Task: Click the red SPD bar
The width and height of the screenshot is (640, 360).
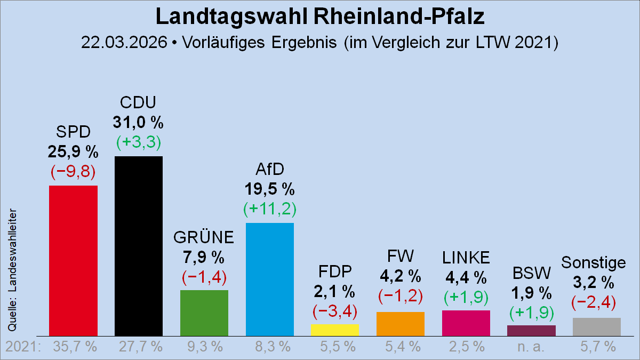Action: [73, 260]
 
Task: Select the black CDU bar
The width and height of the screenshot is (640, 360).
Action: [139, 245]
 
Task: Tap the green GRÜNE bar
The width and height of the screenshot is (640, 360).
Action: [204, 313]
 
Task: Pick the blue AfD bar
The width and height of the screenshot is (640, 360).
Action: [270, 279]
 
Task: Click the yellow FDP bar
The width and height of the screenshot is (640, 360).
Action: [335, 330]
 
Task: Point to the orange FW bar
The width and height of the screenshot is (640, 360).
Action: [401, 324]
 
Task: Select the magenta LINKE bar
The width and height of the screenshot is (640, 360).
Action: [466, 323]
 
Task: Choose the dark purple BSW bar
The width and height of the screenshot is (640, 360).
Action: [531, 330]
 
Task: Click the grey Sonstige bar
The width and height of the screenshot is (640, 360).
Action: [597, 326]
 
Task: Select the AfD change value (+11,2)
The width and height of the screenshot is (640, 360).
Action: [270, 209]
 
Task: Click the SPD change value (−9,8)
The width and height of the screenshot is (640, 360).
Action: [73, 171]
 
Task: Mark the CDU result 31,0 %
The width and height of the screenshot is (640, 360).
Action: [138, 123]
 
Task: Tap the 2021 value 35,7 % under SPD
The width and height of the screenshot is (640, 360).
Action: [75, 347]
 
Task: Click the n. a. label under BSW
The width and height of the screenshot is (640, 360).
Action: [531, 347]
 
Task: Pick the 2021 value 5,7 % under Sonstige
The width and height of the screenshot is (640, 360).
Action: [597, 347]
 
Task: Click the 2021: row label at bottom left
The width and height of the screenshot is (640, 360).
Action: [23, 347]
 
